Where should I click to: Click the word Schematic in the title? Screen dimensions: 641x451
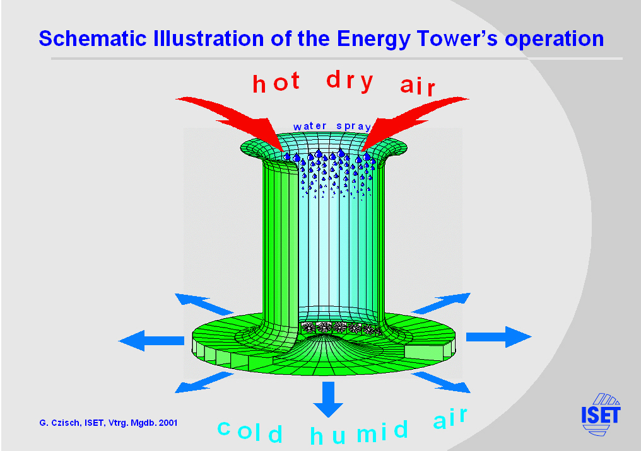93,39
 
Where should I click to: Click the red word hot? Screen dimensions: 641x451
277,82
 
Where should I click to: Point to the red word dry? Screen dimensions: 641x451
350,81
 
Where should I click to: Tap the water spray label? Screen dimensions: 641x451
332,126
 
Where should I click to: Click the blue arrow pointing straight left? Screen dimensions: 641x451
151,341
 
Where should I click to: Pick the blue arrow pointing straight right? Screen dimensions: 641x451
499,337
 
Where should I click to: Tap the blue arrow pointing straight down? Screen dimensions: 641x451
328,399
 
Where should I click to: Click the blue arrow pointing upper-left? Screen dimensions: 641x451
204,304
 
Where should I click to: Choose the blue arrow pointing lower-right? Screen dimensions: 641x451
442,382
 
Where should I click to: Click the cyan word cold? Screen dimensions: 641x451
250,431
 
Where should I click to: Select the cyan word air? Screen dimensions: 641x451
450,418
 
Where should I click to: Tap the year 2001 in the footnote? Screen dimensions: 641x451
168,423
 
